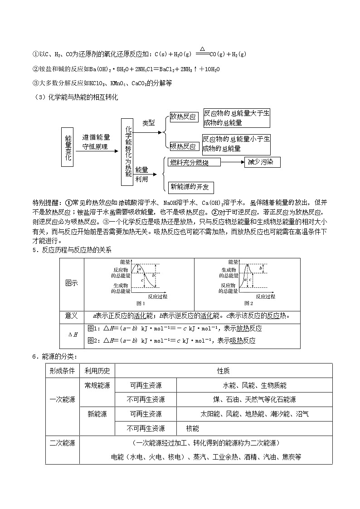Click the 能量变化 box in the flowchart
pyautogui.click(x=68, y=147)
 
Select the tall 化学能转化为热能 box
pyautogui.click(x=127, y=151)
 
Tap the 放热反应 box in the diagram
pyautogui.click(x=184, y=117)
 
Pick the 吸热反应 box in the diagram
pyautogui.click(x=184, y=146)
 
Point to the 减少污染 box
pyautogui.click(x=262, y=162)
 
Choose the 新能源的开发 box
pyautogui.click(x=190, y=187)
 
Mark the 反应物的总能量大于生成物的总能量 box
pyautogui.click(x=236, y=118)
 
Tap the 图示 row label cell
pyautogui.click(x=72, y=283)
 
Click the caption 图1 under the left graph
pyautogui.click(x=141, y=303)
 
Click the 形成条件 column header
pyautogui.click(x=63, y=371)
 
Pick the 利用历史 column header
pyautogui.click(x=97, y=371)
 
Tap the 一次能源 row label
pyautogui.click(x=63, y=400)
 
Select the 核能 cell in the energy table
pyautogui.click(x=193, y=428)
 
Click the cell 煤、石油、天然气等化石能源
pyautogui.click(x=254, y=399)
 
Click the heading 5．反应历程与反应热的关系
pyautogui.click(x=72, y=250)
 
